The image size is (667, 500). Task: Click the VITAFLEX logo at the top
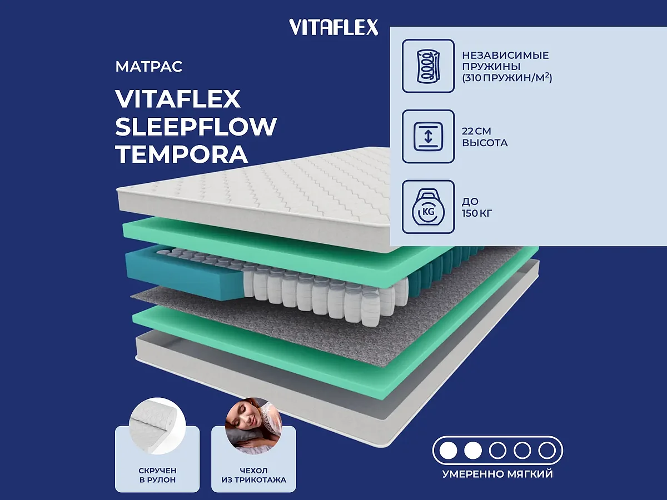[333, 27]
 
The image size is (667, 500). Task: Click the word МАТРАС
[149, 67]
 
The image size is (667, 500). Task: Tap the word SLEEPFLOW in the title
[196, 127]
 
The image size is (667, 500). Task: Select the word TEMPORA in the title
[181, 154]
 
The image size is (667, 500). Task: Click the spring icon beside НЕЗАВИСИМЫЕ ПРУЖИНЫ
[428, 66]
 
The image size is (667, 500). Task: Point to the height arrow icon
[428, 137]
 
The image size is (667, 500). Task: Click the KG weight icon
[428, 207]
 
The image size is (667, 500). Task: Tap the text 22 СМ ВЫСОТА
[485, 137]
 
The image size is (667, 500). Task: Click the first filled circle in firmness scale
[448, 450]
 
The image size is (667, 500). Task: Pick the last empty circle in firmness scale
[547, 450]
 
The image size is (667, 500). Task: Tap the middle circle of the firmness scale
[497, 450]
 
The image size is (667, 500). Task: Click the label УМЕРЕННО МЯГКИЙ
[497, 474]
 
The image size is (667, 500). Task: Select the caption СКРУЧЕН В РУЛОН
[157, 475]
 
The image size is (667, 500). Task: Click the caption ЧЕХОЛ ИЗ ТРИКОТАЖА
[253, 475]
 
